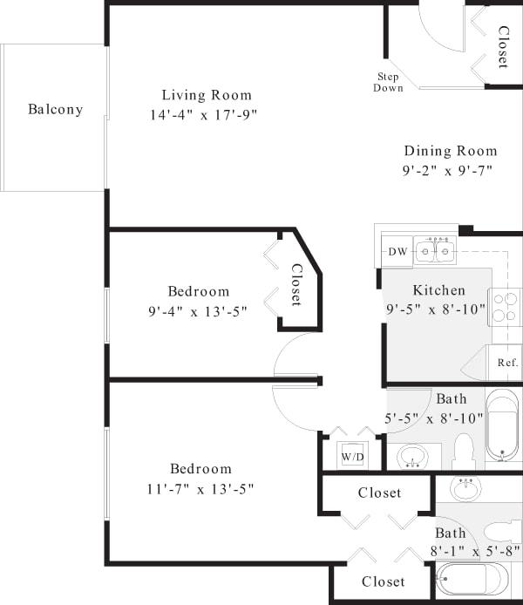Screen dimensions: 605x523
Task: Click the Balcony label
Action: click(55, 110)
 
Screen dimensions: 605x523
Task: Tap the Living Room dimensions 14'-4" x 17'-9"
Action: click(203, 114)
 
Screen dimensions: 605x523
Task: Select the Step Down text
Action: click(388, 82)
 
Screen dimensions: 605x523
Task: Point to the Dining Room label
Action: click(450, 151)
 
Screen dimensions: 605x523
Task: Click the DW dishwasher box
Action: click(397, 252)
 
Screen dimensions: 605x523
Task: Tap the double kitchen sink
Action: click(434, 252)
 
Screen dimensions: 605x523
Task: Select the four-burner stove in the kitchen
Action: click(506, 307)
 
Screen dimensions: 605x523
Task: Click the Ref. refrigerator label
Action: click(508, 363)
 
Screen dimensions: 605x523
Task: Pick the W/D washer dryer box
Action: click(351, 456)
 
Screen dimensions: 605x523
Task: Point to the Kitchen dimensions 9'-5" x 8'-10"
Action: click(436, 309)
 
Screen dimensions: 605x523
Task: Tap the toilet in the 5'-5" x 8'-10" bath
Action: click(462, 452)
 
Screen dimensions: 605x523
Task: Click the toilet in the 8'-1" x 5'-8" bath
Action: click(502, 531)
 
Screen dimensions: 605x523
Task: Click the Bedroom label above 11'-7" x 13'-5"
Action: click(200, 468)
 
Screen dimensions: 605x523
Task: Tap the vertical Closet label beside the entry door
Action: click(503, 47)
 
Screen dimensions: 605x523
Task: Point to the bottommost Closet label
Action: click(383, 581)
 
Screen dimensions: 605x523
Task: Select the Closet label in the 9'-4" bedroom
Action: click(296, 285)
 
